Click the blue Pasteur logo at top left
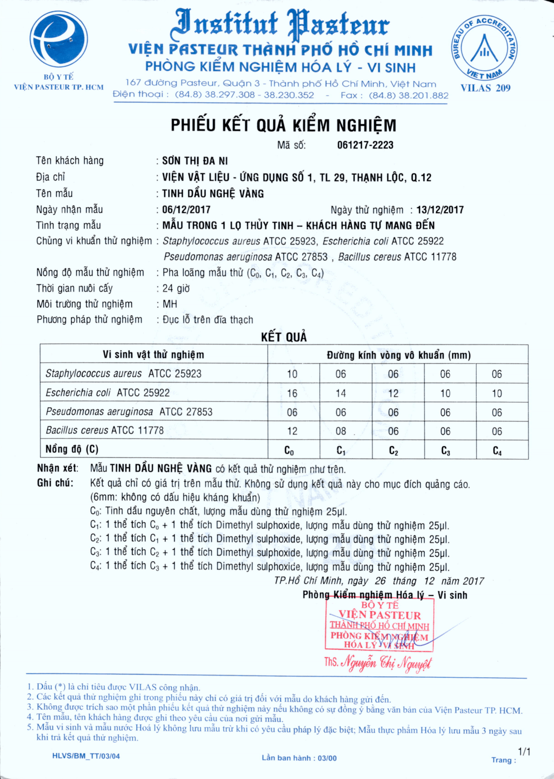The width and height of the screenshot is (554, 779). tap(58, 40)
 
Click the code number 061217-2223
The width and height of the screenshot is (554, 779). tap(365, 145)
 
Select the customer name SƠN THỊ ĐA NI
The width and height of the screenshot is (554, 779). tap(195, 161)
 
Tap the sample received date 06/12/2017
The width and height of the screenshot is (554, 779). tap(186, 210)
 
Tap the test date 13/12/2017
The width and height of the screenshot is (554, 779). tap(440, 210)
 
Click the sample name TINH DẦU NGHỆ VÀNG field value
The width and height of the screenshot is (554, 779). tap(213, 193)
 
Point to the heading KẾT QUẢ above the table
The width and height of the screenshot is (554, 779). tap(284, 337)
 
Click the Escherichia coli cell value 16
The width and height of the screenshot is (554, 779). tap(292, 393)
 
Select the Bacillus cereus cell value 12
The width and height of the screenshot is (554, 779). tap(292, 431)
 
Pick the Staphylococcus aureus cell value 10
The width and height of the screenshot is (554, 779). tap(292, 374)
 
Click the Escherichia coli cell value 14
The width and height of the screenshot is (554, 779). tap(341, 393)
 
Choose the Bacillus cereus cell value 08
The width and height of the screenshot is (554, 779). tap(341, 431)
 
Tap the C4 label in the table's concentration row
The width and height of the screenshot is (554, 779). tap(497, 450)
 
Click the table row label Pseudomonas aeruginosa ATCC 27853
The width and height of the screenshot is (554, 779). tap(129, 412)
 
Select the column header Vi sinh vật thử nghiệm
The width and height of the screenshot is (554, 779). tap(153, 355)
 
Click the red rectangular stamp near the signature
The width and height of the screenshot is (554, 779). tap(379, 625)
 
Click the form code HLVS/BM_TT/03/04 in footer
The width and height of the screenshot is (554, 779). tap(86, 756)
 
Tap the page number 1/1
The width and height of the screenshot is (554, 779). tap(524, 751)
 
